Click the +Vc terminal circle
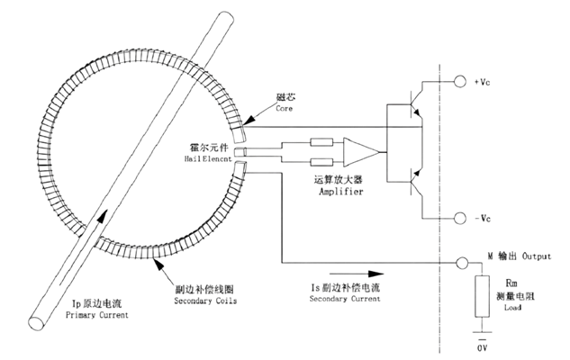460,81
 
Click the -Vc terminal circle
460,218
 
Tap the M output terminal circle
462,263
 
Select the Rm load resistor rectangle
482,296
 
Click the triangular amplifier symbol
361,151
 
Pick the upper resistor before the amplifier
321,142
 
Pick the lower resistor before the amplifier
321,162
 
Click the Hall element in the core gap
240,151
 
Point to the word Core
284,108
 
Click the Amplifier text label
341,192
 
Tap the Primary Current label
97,315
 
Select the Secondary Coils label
205,301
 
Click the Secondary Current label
345,299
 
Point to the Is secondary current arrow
357,274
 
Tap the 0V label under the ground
482,348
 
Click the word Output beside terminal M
537,256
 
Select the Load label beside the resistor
512,307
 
